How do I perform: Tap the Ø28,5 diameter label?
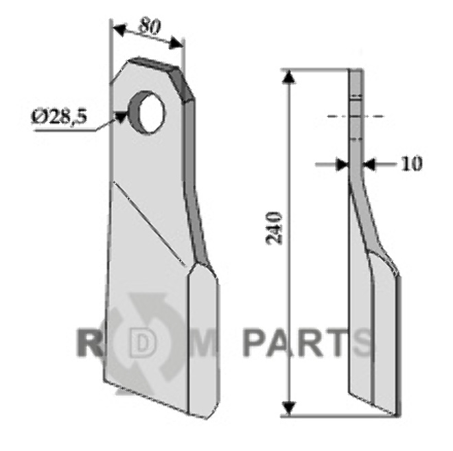coord(58,117)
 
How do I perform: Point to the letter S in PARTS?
coord(362,342)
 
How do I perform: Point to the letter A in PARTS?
coord(284,342)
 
